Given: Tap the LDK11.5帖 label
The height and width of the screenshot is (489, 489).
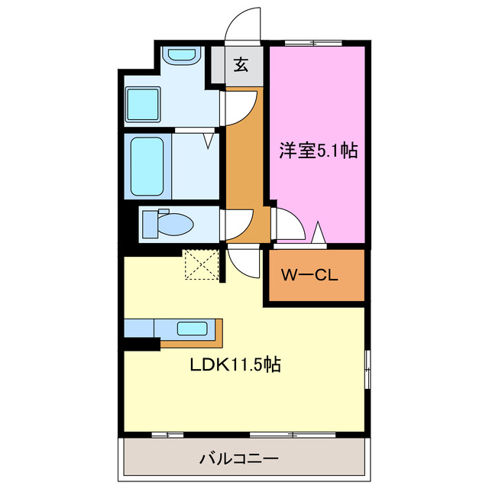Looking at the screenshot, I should click(x=235, y=365).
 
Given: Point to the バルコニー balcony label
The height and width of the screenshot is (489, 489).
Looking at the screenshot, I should click(x=240, y=459).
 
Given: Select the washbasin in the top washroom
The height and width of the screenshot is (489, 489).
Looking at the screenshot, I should click(x=182, y=56).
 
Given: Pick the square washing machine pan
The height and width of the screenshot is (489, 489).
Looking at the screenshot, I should click(x=142, y=103).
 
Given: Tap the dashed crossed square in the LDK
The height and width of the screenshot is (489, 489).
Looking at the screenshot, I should click(x=200, y=264).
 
